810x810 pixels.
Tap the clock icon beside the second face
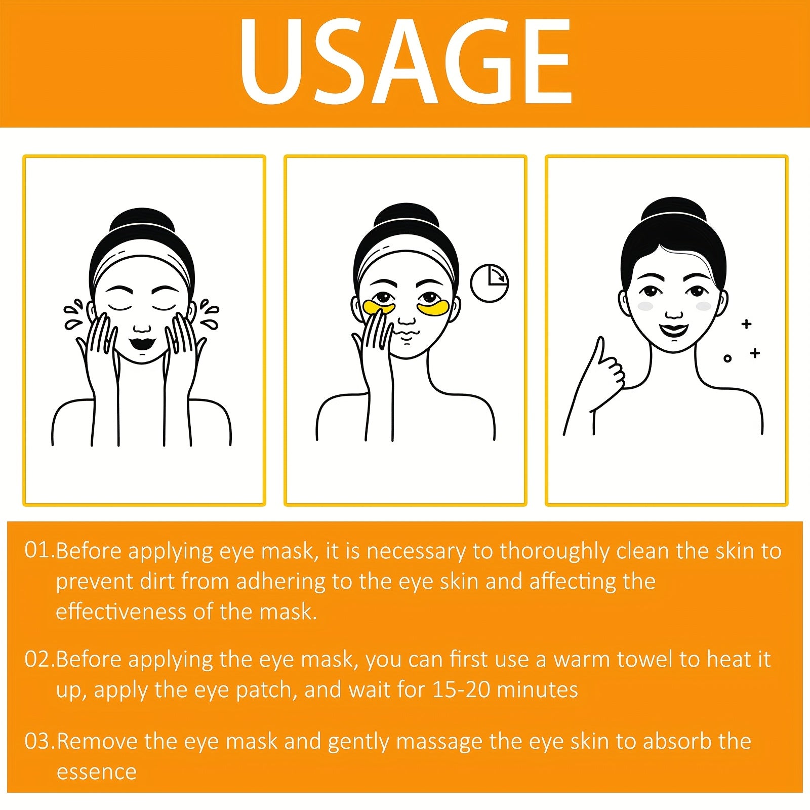(x=489, y=283)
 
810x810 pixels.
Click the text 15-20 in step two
(x=461, y=690)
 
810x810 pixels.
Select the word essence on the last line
(x=96, y=772)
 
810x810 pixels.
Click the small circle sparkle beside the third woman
(x=727, y=358)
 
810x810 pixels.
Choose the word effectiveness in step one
(x=121, y=612)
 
